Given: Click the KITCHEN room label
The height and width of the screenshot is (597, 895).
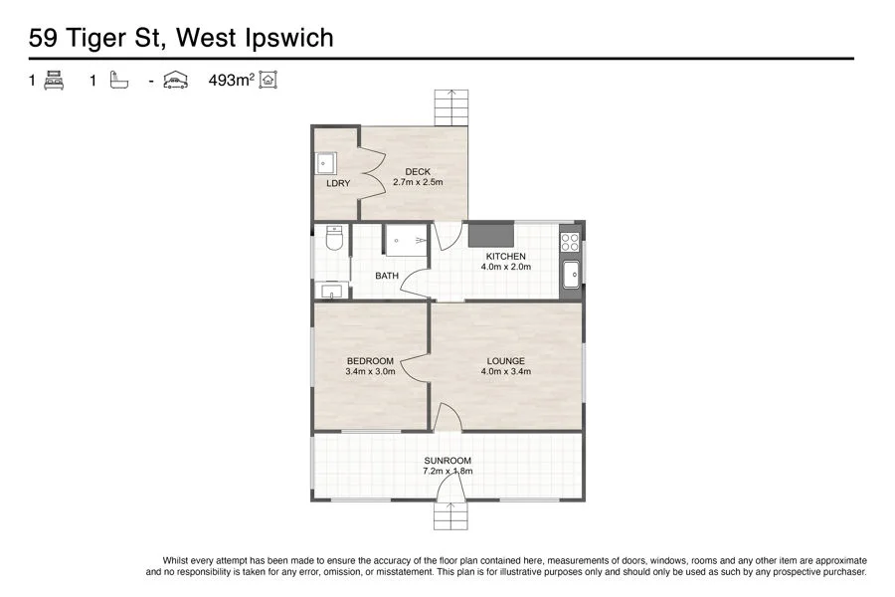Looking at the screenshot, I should tap(506, 257).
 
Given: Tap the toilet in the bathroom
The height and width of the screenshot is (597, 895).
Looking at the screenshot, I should tap(334, 240).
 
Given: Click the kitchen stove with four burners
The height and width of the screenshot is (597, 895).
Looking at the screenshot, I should tap(570, 242).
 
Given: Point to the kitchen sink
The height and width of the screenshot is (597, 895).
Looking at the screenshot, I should tap(572, 274).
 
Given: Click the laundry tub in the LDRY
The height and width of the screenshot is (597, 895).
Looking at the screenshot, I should tap(326, 162).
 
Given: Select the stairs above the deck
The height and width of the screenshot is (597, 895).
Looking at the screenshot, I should tap(449, 107).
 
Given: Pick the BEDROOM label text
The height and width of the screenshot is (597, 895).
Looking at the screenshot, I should tap(370, 360).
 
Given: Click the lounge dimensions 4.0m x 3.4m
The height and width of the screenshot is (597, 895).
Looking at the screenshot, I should tap(506, 371).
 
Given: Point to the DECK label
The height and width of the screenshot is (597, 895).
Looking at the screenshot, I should tap(418, 172).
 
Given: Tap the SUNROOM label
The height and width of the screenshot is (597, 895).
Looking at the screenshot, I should tap(447, 461).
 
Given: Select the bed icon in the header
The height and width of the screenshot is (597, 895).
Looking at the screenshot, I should tap(54, 82).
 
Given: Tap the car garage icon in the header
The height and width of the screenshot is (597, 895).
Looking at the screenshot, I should tap(176, 82).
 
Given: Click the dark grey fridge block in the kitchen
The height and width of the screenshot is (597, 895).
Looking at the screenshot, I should tap(489, 235).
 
